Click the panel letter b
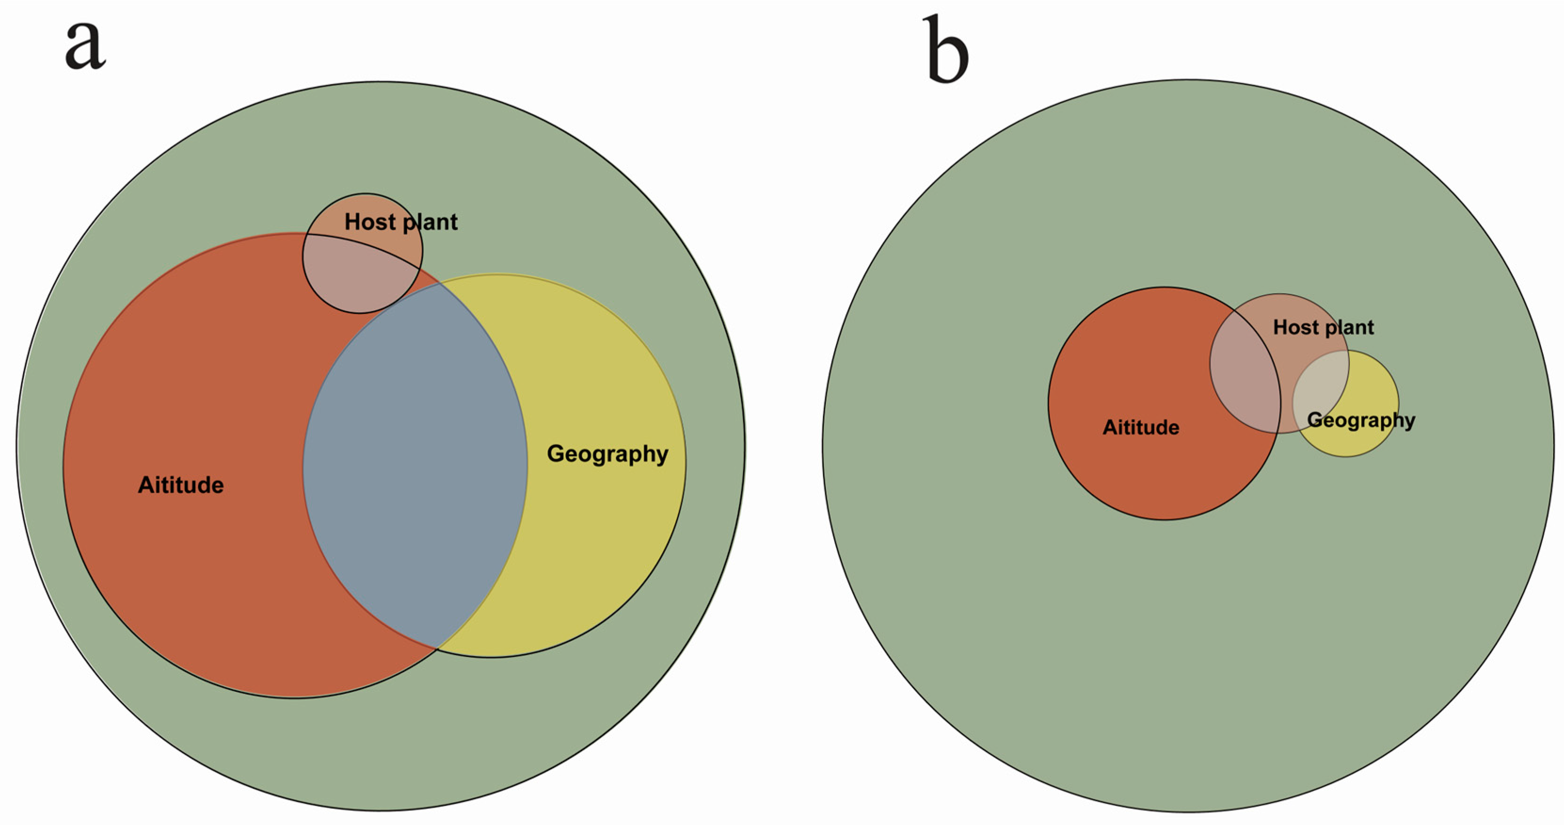(x=945, y=50)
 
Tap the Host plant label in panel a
(x=401, y=222)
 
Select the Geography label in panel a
(x=607, y=454)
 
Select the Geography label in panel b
(x=1361, y=420)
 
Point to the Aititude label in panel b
(x=1141, y=427)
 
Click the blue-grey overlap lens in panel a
(x=416, y=467)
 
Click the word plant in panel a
(x=431, y=222)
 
